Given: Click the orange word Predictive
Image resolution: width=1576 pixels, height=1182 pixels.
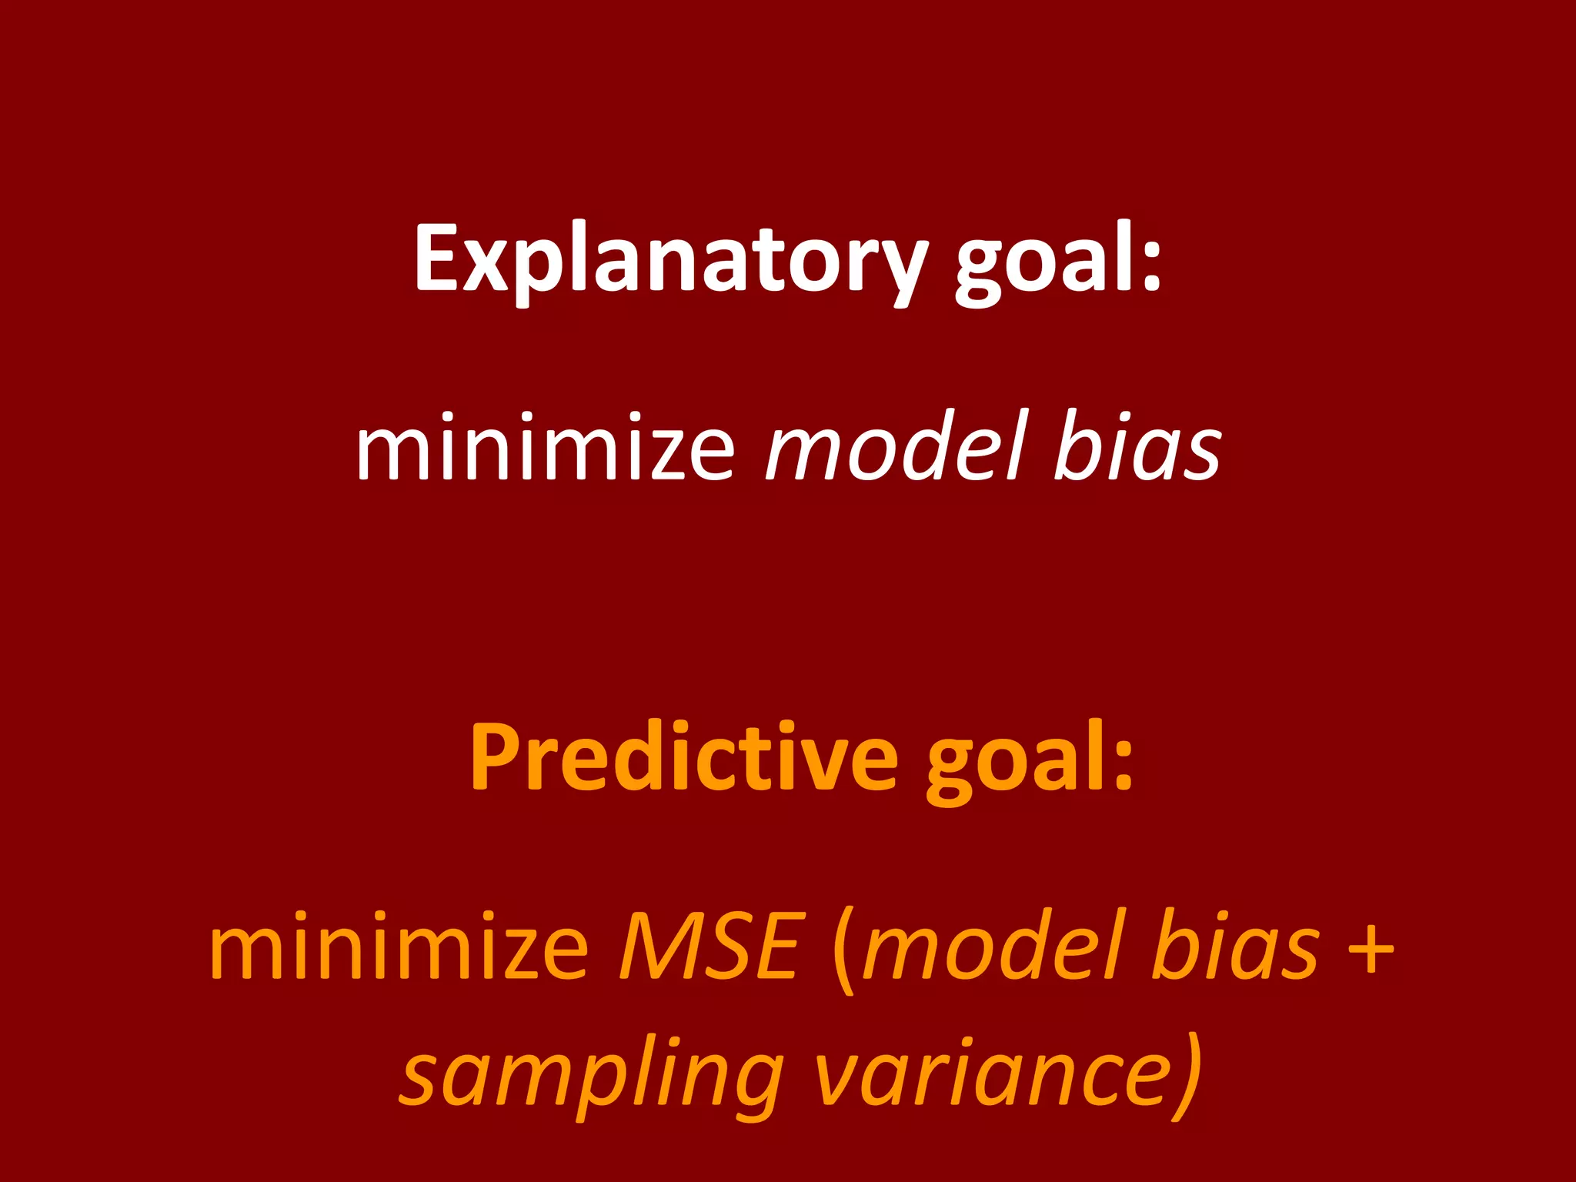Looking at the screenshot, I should (683, 757).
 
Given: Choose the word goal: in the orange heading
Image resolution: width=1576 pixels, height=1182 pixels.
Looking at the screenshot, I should (1030, 757).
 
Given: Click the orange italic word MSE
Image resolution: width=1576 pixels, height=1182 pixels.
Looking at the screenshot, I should (709, 947).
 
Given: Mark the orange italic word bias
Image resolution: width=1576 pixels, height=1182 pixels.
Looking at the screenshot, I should (1234, 947).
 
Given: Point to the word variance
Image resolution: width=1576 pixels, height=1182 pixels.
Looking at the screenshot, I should (993, 1074).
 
